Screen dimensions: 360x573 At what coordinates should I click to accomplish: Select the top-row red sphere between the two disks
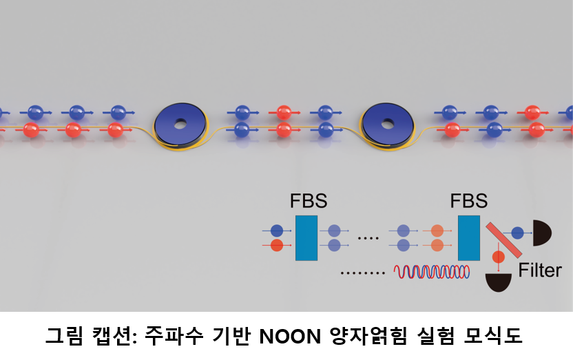point(284,112)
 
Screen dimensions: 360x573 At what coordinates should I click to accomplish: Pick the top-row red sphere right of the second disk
point(532,112)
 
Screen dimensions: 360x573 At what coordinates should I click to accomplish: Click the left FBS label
point(308,202)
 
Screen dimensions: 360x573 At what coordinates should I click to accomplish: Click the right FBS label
point(468,202)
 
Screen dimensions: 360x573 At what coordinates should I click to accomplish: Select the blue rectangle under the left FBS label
point(306,238)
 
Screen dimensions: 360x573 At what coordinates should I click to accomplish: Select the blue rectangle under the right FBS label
point(469,238)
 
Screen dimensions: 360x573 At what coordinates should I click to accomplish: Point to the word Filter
point(540,271)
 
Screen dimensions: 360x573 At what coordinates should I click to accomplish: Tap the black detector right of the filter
point(541,233)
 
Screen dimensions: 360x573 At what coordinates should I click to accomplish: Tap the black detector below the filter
point(499,282)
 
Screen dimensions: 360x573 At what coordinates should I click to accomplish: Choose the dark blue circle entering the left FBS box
point(277,231)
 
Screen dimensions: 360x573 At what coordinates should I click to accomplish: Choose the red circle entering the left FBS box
point(277,245)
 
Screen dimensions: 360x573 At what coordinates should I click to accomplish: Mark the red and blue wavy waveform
point(432,271)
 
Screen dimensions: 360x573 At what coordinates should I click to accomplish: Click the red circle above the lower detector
point(499,257)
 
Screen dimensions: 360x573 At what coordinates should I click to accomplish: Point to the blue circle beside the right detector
point(517,233)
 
